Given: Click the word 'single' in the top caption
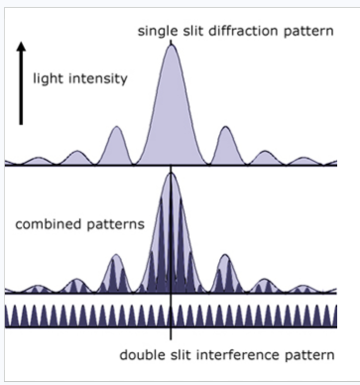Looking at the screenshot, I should click(x=156, y=32).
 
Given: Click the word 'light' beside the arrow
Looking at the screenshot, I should click(x=49, y=77).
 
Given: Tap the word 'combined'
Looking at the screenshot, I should click(x=48, y=224).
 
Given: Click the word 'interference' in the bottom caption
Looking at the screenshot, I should click(x=220, y=354).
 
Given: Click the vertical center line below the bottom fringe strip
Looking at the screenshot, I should click(x=172, y=335).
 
